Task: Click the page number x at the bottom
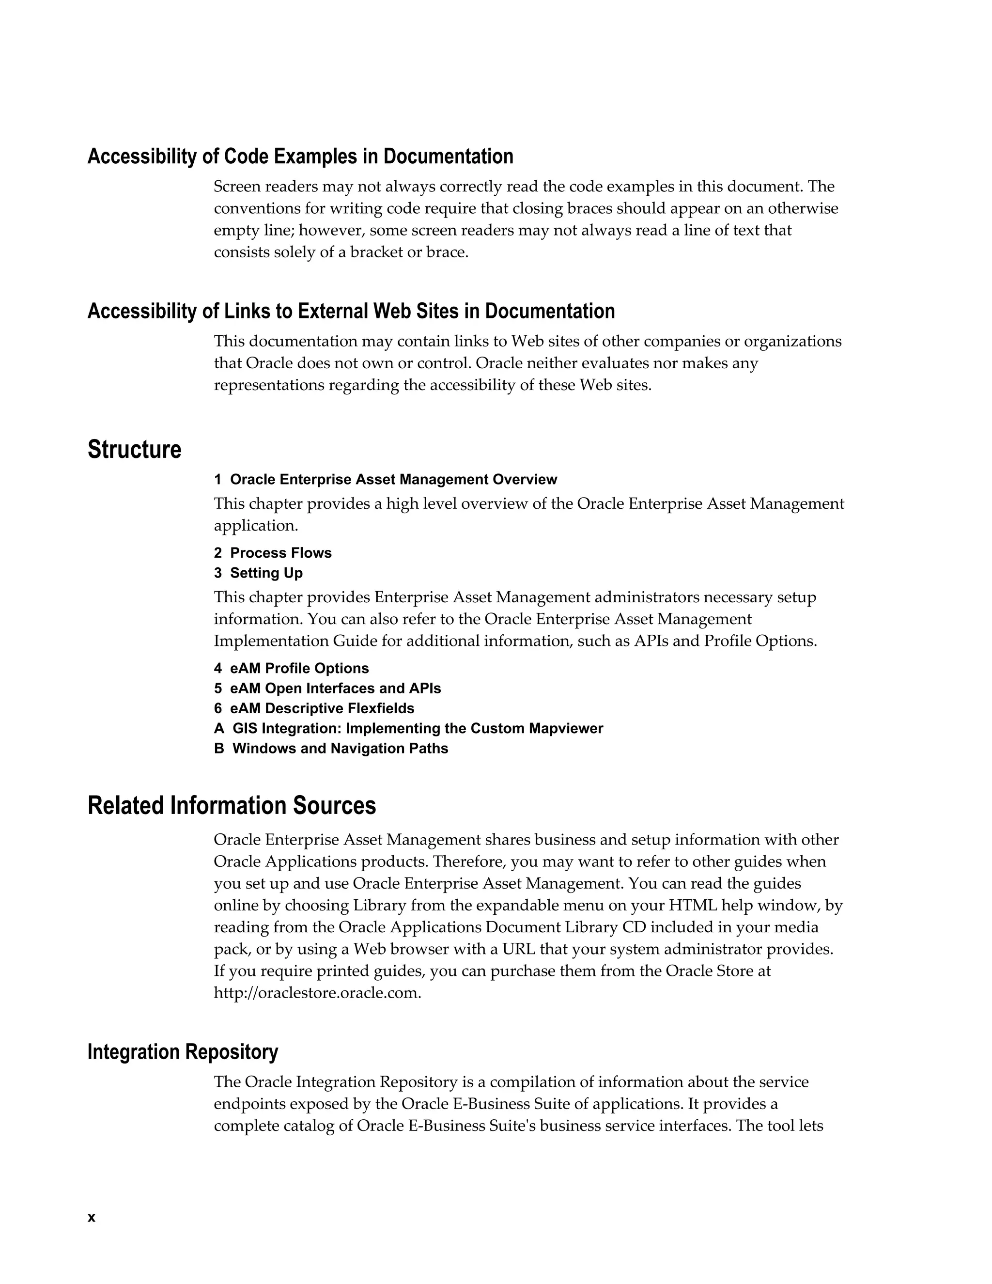[91, 1218]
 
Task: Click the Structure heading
[135, 450]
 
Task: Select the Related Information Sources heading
[232, 805]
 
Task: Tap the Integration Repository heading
[183, 1052]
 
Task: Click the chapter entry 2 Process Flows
[273, 553]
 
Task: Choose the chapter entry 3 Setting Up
[258, 573]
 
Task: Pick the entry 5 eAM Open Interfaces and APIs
[327, 688]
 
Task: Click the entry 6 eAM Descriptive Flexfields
[314, 708]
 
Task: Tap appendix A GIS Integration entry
[408, 728]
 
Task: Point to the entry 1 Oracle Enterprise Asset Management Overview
[386, 479]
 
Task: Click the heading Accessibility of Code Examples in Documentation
[300, 157]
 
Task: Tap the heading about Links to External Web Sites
[351, 311]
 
